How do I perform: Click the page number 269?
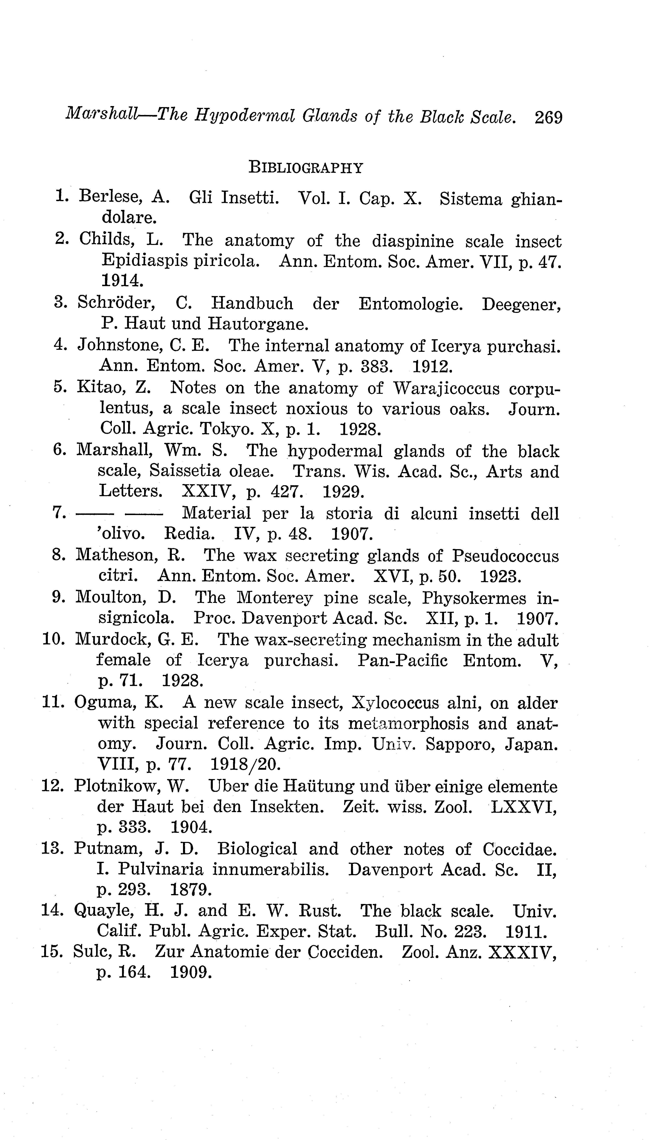click(548, 118)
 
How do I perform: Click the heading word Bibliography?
click(305, 168)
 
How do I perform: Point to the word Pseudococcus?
click(505, 556)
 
